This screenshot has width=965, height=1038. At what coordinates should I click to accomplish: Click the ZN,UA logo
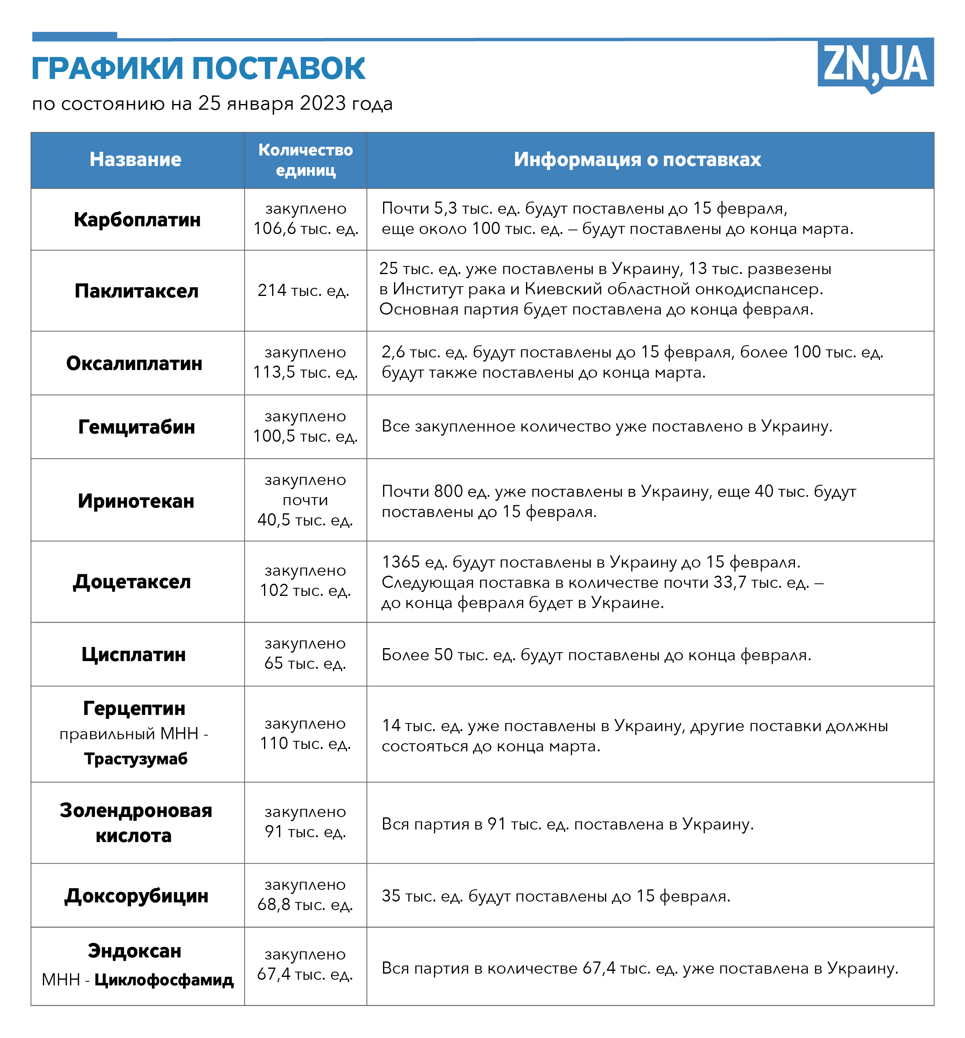pos(875,64)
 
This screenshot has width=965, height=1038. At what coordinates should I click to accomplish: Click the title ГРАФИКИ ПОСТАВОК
pos(198,68)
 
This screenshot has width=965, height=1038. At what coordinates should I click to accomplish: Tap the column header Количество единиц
pos(305,160)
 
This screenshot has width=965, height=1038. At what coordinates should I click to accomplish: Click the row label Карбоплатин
pos(137,220)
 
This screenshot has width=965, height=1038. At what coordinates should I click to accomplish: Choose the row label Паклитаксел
pos(136,291)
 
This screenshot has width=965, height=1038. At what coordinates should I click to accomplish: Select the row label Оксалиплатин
pos(134,364)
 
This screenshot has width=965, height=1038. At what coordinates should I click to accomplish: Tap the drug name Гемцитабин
pos(136,427)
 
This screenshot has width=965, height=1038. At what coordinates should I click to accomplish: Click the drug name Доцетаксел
pos(132,582)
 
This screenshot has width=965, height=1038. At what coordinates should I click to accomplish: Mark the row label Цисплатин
pos(133,655)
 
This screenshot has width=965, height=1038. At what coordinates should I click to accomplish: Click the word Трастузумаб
pos(136,759)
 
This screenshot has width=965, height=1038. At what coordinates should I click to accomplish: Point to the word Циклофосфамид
pos(164,980)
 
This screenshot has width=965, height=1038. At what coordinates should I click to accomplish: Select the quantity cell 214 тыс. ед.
pos(303,291)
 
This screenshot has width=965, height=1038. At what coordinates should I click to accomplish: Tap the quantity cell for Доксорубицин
pos(305,895)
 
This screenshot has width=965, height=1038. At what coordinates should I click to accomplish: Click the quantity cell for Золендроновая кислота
pos(305,822)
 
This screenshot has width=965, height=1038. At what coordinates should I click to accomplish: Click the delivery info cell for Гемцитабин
pos(607,427)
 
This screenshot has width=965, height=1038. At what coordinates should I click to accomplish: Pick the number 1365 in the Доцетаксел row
pos(400,562)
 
